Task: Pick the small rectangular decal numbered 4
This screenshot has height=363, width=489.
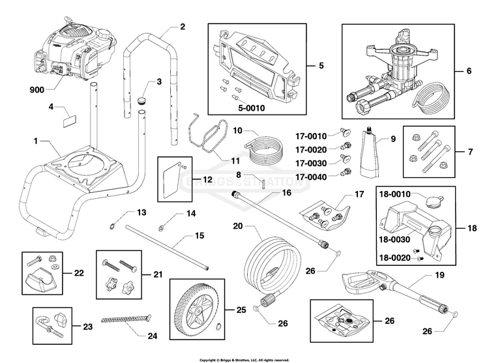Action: point(68,121)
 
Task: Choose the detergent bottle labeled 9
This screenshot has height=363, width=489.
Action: point(368,155)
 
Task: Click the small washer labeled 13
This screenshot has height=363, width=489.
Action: point(112,225)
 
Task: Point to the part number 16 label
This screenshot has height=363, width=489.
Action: point(286,193)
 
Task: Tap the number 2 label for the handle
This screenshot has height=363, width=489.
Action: point(182,27)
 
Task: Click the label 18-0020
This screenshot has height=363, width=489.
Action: point(396,257)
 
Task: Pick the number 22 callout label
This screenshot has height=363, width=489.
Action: point(79,272)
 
